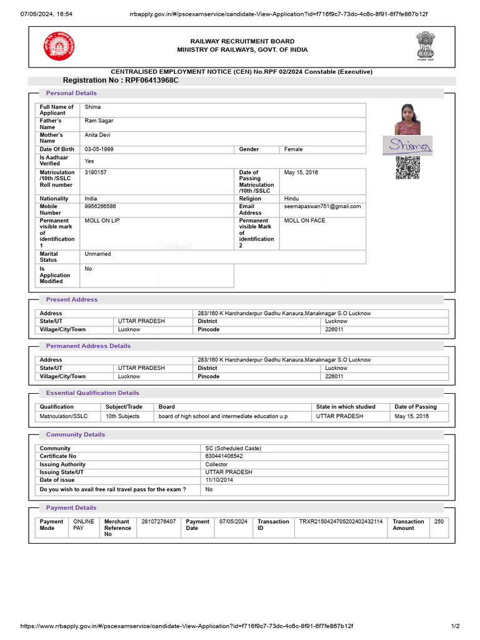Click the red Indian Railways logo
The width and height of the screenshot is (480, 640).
(58, 46)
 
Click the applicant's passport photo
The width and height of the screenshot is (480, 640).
(407, 119)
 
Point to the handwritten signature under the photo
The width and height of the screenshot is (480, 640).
(407, 145)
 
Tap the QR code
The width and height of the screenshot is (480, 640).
(407, 168)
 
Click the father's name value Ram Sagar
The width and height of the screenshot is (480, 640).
(99, 121)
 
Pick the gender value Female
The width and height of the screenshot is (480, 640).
(293, 149)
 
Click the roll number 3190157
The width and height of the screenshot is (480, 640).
(96, 172)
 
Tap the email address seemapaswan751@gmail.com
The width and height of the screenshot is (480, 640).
(322, 206)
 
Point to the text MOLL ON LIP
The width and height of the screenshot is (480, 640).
(102, 221)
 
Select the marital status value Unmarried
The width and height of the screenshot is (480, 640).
(97, 254)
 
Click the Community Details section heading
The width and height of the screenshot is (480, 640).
(76, 434)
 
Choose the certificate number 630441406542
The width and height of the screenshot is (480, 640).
(224, 456)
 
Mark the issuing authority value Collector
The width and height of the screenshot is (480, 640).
(216, 464)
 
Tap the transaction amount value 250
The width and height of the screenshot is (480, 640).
(439, 521)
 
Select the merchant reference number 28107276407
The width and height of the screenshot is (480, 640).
(159, 521)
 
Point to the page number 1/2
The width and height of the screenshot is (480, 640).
(455, 626)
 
